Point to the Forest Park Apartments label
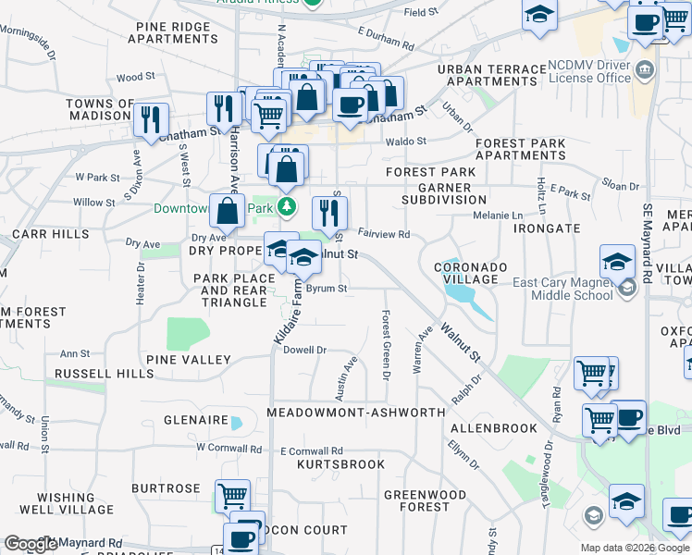tap(520, 149)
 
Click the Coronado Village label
tap(471, 273)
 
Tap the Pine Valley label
tap(188, 359)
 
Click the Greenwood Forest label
tap(426, 500)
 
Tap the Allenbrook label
tap(493, 428)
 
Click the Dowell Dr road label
tap(305, 350)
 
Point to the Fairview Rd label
tap(383, 234)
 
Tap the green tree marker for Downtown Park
tap(288, 205)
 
